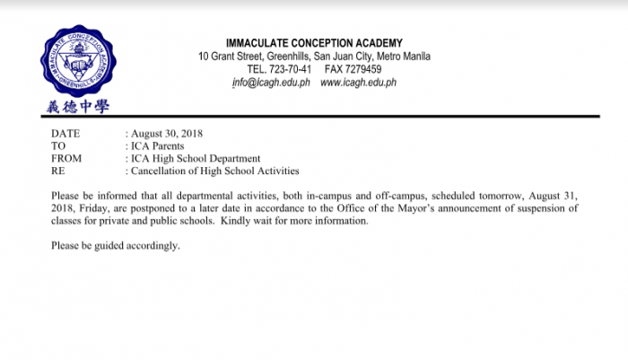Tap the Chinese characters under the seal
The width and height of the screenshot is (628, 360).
tap(78, 106)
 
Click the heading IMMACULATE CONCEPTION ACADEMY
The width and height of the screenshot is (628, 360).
tap(314, 43)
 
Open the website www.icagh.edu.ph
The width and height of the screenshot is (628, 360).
tap(358, 83)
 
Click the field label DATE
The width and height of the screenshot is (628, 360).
tap(65, 134)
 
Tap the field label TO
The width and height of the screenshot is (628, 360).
tap(58, 145)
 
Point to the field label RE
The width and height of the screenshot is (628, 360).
tap(57, 171)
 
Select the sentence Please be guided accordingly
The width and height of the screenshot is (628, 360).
tap(116, 245)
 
